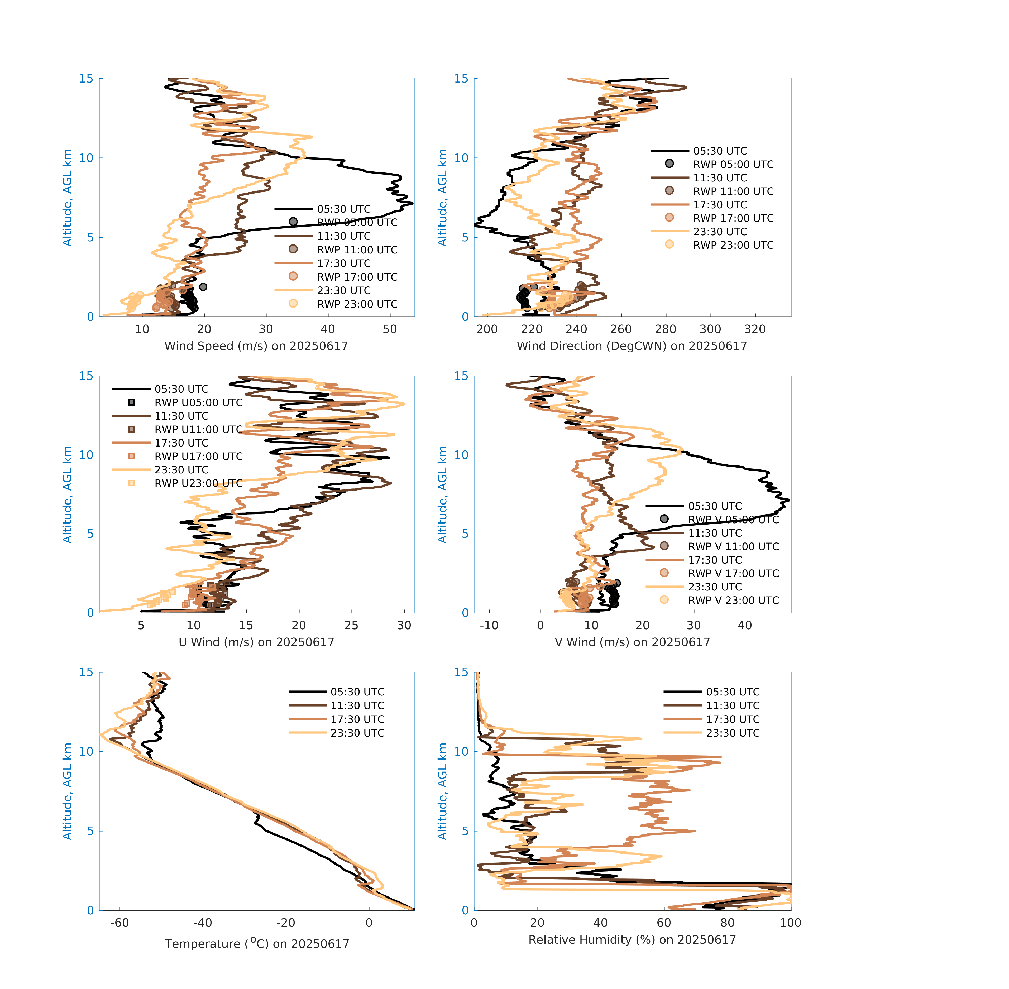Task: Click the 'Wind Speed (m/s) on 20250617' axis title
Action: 256,346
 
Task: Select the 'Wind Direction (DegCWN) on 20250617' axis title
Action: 632,346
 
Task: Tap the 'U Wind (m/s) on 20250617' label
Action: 256,642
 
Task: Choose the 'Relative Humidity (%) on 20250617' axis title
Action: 632,939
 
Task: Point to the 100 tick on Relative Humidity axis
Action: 790,923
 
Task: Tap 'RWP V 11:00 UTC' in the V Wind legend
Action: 733,546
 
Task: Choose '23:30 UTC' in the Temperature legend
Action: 357,733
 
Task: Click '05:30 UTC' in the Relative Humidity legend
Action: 733,692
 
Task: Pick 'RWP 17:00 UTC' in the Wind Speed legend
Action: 357,277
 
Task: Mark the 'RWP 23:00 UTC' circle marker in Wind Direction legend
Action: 669,244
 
